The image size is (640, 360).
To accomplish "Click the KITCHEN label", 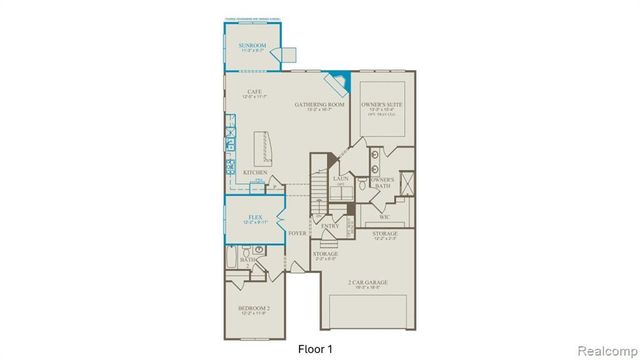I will (x=255, y=172).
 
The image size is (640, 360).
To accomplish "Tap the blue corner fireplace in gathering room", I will (x=342, y=79).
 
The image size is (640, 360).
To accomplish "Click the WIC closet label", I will (x=383, y=215).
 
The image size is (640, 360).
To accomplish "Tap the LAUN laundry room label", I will (x=339, y=180).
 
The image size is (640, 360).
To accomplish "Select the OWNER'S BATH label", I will (x=385, y=181).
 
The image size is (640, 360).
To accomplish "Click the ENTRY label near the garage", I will (x=329, y=226).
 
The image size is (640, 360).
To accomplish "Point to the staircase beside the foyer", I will (x=319, y=185).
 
